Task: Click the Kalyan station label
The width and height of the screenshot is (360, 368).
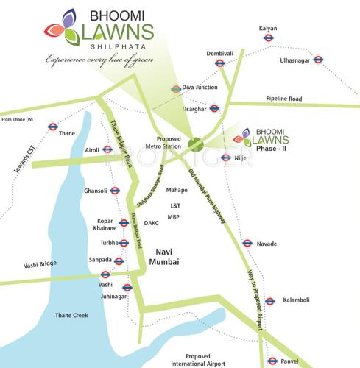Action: pyautogui.click(x=268, y=28)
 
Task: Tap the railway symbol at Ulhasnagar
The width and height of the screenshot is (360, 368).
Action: pyautogui.click(x=318, y=60)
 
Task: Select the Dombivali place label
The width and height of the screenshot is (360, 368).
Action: pyautogui.click(x=219, y=53)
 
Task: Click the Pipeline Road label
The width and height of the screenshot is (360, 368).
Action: pyautogui.click(x=284, y=98)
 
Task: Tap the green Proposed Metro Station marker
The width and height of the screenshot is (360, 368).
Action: pyautogui.click(x=195, y=143)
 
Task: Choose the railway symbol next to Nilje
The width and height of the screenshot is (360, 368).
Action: pyautogui.click(x=225, y=158)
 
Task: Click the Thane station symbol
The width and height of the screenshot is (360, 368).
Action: pyautogui.click(x=53, y=126)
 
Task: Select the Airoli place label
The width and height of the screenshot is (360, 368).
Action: pyautogui.click(x=93, y=149)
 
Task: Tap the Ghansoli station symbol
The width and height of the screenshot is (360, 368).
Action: pyautogui.click(x=115, y=191)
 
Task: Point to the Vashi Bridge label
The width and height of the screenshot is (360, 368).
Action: pyautogui.click(x=40, y=264)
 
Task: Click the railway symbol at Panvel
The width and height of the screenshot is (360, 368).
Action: pyautogui.click(x=272, y=361)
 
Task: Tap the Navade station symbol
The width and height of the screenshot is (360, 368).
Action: pyautogui.click(x=247, y=243)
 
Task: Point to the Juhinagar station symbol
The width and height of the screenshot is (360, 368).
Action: pyautogui.click(x=127, y=288)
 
